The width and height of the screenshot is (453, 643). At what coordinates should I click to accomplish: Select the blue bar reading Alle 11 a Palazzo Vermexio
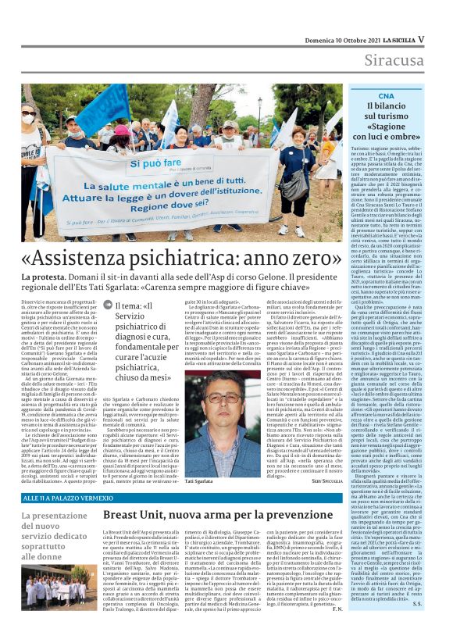point(70,498)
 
